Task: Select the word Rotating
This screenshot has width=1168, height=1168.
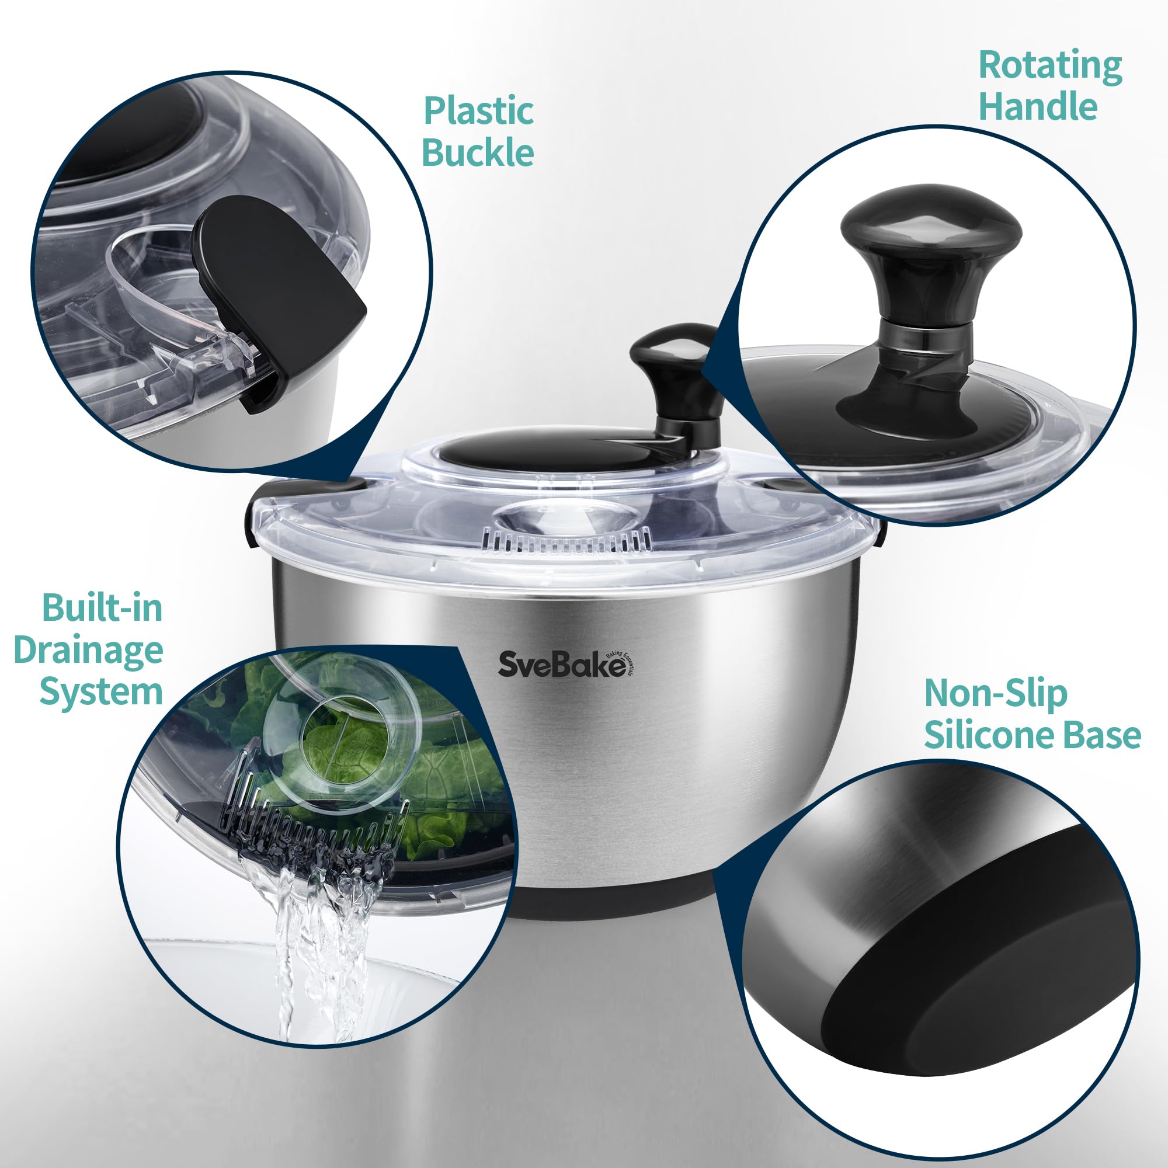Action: click(x=1050, y=67)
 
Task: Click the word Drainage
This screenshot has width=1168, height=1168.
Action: click(x=88, y=651)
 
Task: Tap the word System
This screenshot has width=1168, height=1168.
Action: click(x=101, y=691)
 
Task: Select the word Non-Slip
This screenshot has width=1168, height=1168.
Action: click(x=996, y=694)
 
